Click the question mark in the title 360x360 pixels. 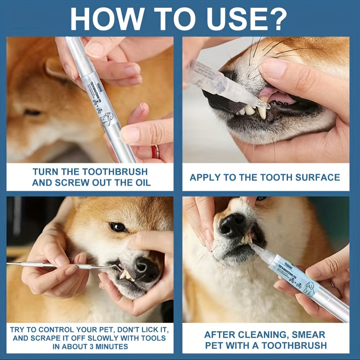point(276,19)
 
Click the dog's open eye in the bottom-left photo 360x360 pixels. point(116,227)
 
